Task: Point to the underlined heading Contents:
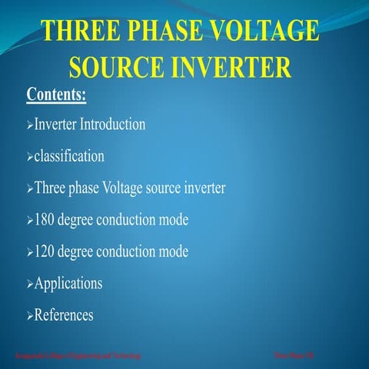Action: click(56, 95)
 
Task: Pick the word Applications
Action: click(68, 283)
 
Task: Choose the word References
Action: click(64, 314)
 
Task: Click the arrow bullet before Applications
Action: click(30, 284)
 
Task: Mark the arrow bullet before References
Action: click(30, 316)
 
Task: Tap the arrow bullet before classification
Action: click(30, 157)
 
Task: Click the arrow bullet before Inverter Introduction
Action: click(30, 125)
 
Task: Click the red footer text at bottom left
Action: click(77, 355)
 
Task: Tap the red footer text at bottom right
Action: click(290, 355)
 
